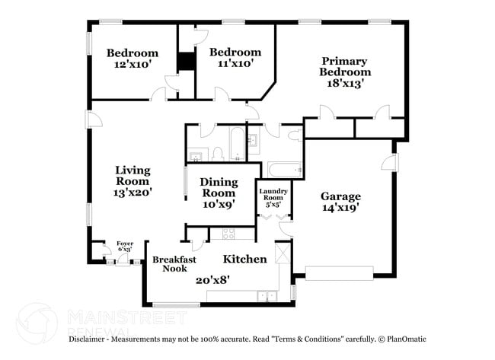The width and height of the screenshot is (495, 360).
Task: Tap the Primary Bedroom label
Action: click(343, 66)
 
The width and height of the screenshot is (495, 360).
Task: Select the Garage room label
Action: click(340, 196)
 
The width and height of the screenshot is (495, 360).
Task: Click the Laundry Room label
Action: click(273, 195)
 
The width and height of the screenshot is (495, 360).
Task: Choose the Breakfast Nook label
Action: click(174, 263)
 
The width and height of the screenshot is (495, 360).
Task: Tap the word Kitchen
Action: click(244, 260)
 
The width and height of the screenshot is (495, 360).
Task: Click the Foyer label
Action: click(124, 244)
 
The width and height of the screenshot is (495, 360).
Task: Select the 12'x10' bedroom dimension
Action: click(132, 65)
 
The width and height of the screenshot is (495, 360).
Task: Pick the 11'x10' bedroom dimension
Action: click(235, 64)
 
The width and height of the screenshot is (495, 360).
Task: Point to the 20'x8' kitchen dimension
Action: click(212, 279)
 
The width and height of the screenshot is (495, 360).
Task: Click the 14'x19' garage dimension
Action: click(340, 206)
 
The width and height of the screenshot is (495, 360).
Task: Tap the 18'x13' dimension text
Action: click(343, 84)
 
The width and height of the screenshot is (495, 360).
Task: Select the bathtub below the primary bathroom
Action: click(283, 167)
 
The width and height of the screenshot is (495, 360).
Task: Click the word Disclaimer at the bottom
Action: click(91, 339)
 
